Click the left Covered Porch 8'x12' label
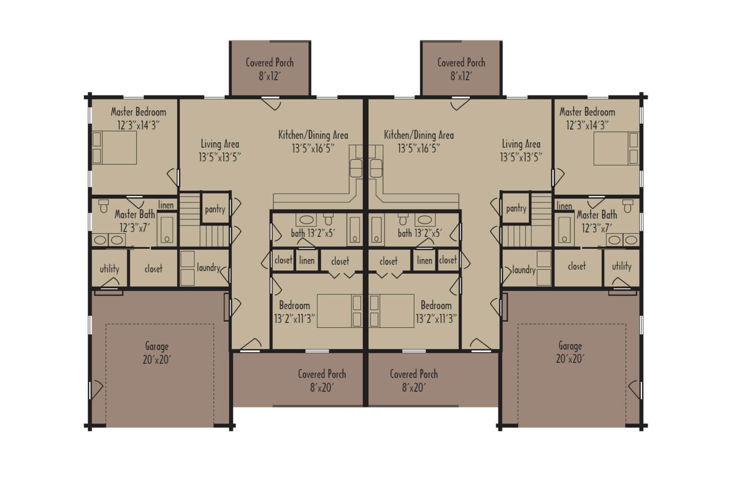pyautogui.click(x=270, y=69)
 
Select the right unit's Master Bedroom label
pyautogui.click(x=587, y=118)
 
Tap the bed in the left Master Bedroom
pyautogui.click(x=114, y=148)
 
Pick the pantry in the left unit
pyautogui.click(x=215, y=209)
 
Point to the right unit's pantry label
pyautogui.click(x=516, y=208)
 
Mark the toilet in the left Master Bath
pyautogui.click(x=104, y=206)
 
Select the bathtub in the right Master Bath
pyautogui.click(x=565, y=230)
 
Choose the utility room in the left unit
pyautogui.click(x=109, y=269)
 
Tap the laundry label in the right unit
pyautogui.click(x=523, y=270)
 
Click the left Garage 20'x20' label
pyautogui.click(x=156, y=353)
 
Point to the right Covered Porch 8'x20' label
pyautogui.click(x=414, y=381)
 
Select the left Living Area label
pyautogui.click(x=220, y=150)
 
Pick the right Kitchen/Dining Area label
pyautogui.click(x=419, y=141)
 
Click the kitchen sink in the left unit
pyautogui.click(x=356, y=167)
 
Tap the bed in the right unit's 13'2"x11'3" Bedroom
pyautogui.click(x=391, y=311)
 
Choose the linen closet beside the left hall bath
pyautogui.click(x=307, y=261)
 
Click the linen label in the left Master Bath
pyautogui.click(x=166, y=205)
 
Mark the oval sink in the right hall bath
pyautogui.click(x=424, y=220)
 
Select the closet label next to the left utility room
pyautogui.click(x=153, y=269)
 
